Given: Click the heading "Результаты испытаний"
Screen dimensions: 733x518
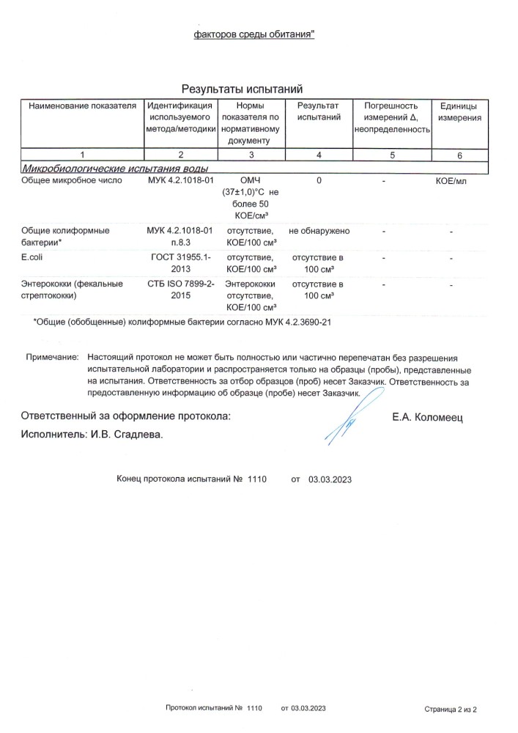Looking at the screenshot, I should coord(242,89).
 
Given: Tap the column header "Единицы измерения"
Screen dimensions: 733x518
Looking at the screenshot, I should coord(459,111).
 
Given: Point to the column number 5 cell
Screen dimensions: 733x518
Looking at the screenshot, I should coord(392,155).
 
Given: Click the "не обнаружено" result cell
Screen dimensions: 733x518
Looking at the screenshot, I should coord(319,231).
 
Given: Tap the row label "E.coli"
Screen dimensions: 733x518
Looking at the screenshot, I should coord(34,258).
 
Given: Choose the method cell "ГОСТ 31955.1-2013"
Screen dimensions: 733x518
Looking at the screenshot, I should coord(180,263).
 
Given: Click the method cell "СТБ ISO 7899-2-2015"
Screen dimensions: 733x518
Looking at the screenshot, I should coord(180,290).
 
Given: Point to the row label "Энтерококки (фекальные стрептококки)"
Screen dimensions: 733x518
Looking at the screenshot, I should coord(72,290).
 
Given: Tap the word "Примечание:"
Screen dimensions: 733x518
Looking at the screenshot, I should coord(52,356).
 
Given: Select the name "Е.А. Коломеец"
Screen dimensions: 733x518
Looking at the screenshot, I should coord(428,418).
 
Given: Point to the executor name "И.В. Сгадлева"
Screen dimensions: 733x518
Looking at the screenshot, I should coord(126,435).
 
